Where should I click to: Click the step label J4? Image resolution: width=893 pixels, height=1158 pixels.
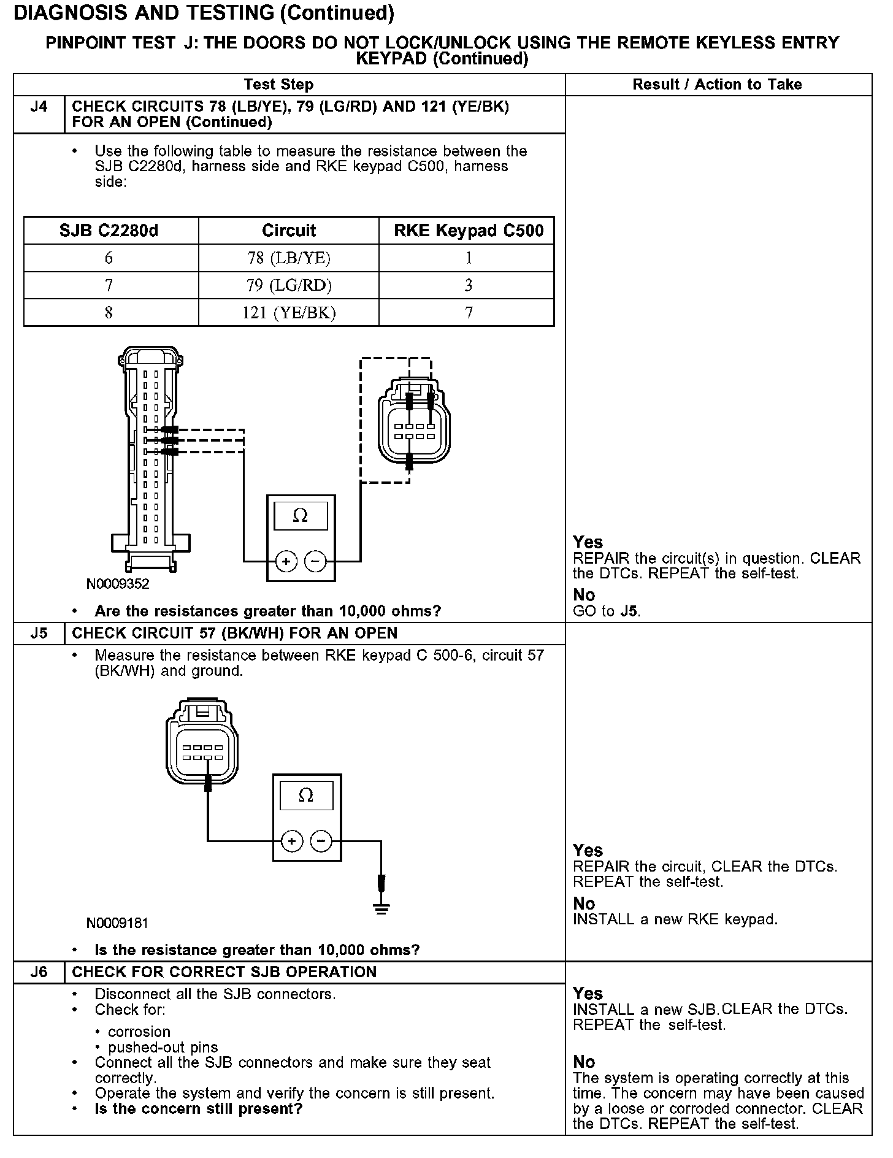39,107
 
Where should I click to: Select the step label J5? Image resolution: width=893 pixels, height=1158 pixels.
39,633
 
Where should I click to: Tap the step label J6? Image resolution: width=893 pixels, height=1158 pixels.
39,972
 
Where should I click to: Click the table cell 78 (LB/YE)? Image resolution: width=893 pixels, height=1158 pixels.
289,258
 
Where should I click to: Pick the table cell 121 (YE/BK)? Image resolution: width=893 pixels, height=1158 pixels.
289,313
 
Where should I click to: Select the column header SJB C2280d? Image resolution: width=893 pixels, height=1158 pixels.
109,231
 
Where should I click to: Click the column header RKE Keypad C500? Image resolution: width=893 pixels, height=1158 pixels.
469,231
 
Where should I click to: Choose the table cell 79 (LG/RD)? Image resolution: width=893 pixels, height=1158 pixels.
289,285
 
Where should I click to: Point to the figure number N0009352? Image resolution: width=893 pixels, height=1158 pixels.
118,584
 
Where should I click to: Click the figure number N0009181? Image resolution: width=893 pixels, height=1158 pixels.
118,922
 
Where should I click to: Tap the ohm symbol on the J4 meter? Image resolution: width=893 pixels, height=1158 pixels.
301,516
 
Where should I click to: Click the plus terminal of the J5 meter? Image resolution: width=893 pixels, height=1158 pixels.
293,841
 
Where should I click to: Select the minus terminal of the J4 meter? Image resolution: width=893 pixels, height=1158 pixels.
316,561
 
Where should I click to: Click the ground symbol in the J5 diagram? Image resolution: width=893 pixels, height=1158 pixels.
381,908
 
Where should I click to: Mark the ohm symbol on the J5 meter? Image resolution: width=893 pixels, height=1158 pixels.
306,796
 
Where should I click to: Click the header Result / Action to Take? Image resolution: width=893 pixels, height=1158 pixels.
717,85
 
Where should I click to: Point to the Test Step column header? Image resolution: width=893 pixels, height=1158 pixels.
278,85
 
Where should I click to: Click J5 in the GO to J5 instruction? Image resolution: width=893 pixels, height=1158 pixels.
628,612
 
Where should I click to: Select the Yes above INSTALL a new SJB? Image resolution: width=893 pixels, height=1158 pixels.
588,993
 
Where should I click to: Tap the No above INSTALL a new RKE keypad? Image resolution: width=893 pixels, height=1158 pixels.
584,903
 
